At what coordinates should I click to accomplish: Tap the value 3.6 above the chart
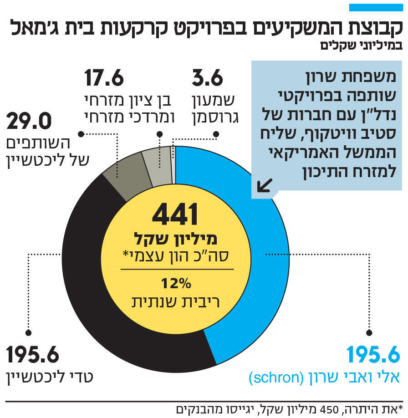pos(208,78)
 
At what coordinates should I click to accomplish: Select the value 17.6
pos(104,78)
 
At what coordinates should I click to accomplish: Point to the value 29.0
pos(30,122)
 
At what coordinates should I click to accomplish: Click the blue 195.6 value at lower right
pos(373,355)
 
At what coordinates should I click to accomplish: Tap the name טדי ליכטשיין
pos(50,377)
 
